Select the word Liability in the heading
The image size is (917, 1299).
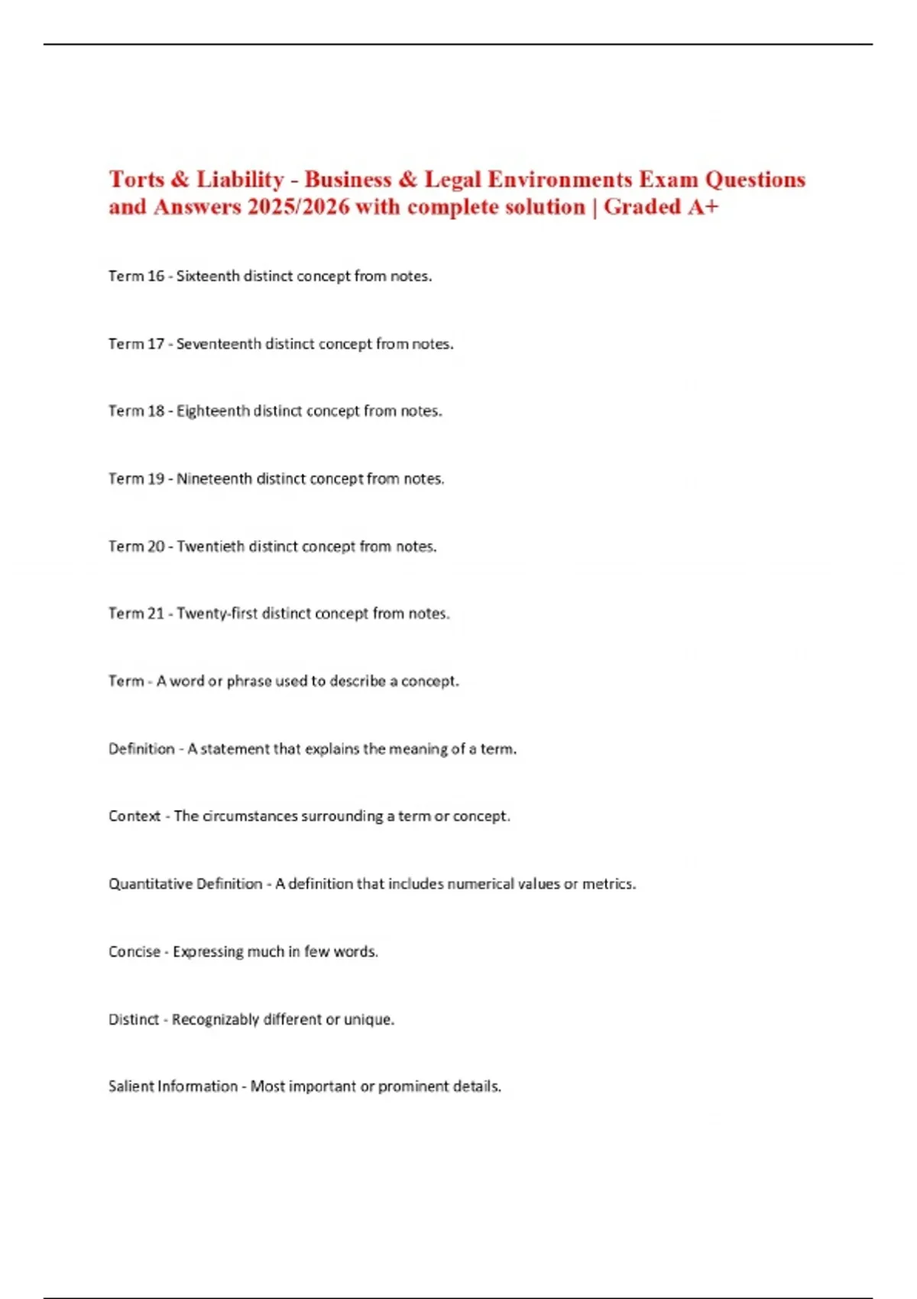(x=240, y=180)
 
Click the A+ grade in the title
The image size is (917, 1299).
(x=702, y=207)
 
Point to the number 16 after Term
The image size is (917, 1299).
(x=156, y=276)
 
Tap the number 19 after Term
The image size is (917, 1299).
(x=156, y=479)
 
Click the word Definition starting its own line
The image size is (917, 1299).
(x=141, y=749)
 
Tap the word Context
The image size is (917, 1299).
(x=134, y=816)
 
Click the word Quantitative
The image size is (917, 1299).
(x=150, y=884)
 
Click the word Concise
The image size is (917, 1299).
(x=134, y=951)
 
